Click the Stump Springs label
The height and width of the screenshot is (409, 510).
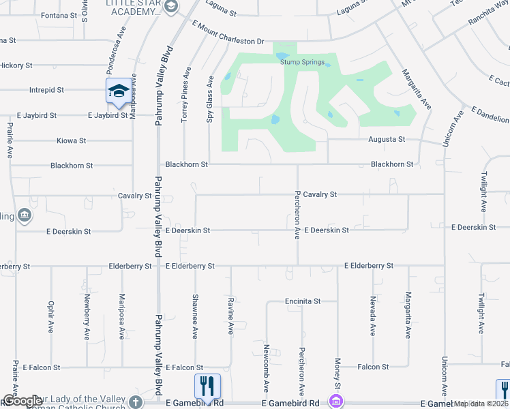(301, 62)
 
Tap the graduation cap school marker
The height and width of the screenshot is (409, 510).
(118, 91)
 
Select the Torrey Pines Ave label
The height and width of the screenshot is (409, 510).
(185, 95)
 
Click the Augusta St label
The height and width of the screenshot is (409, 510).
(388, 139)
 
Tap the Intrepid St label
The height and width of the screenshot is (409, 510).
(46, 89)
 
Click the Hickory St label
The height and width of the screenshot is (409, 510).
(16, 65)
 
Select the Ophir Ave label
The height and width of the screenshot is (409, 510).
(51, 316)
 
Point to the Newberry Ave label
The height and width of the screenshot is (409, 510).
(87, 316)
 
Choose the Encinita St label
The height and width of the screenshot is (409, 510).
(303, 301)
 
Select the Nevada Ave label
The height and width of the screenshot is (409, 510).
(374, 316)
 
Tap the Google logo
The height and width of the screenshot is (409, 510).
(22, 401)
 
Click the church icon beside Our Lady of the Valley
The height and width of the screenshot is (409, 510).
(136, 402)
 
